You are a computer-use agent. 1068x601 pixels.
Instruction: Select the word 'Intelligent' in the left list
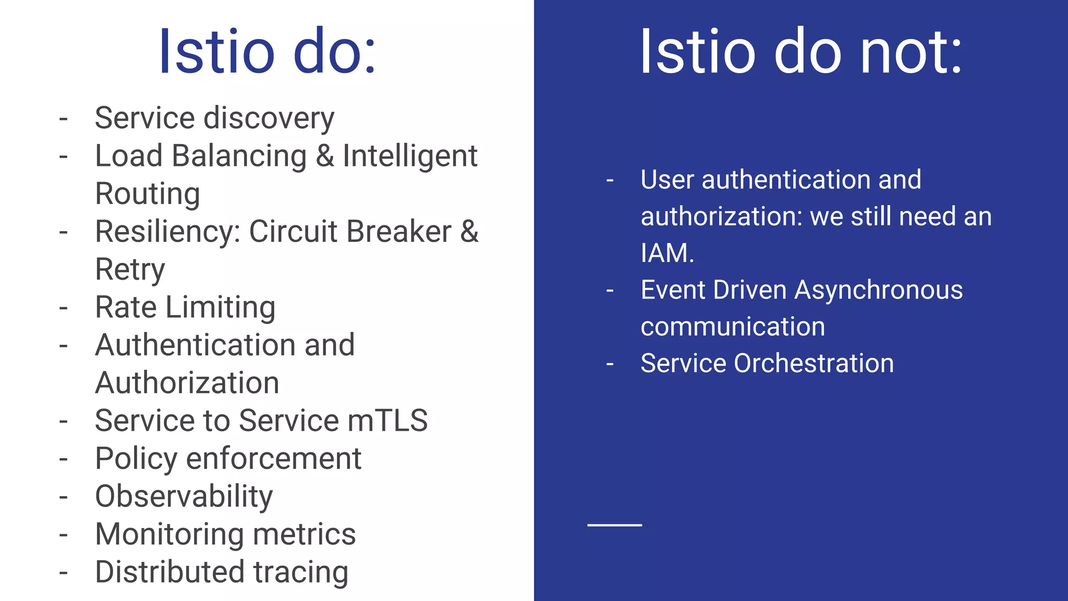410,156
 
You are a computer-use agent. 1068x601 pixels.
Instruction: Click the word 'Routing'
148,194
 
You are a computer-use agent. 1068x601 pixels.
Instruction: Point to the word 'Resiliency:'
167,232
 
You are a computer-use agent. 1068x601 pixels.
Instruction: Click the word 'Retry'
130,270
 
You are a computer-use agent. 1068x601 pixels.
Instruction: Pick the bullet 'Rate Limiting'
185,307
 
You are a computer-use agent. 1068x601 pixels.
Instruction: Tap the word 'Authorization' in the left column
187,383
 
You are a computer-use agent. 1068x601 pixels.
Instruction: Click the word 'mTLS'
387,420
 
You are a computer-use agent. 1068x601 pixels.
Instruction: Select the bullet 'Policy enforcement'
228,459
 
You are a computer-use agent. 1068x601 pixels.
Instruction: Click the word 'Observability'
184,496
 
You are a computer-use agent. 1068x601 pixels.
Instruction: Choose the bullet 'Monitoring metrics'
225,534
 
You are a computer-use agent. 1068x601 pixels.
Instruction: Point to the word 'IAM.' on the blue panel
667,253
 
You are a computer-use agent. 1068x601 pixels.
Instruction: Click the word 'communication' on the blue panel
733,327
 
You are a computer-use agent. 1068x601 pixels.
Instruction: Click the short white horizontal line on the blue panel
614,525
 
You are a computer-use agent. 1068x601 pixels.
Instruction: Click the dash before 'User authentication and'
610,181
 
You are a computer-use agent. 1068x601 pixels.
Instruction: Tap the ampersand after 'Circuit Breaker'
469,232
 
